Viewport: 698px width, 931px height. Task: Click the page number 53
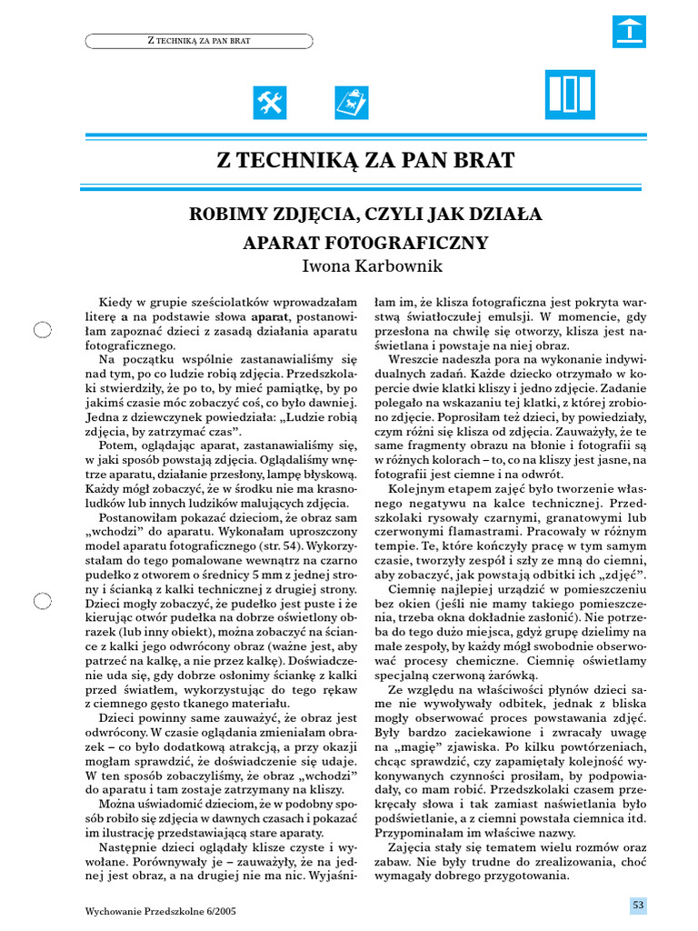[638, 905]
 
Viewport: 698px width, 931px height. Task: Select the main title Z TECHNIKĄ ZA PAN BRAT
[365, 162]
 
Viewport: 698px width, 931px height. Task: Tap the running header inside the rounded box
[198, 41]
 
